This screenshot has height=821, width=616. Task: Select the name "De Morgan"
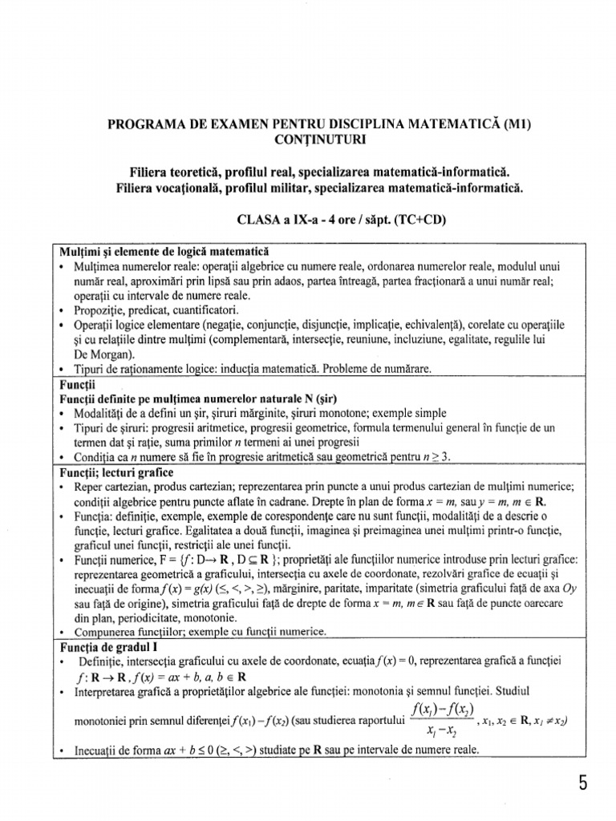[100, 355]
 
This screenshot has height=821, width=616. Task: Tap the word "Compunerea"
[102, 633]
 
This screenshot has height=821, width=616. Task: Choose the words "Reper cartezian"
[110, 487]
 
